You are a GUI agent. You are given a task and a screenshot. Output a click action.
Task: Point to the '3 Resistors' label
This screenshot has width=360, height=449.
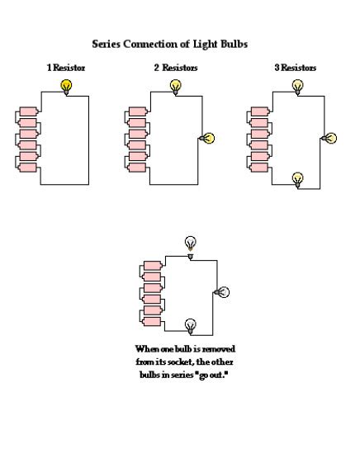pos(295,67)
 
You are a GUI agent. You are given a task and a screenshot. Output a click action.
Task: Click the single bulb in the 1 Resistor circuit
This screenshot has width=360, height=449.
pos(65,84)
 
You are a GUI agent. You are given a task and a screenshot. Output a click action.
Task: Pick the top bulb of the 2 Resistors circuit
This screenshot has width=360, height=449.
pos(176,85)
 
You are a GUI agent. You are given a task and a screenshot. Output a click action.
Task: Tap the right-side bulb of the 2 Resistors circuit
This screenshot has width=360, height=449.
pos(208,139)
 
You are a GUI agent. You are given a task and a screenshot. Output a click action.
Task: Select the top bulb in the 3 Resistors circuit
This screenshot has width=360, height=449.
pos(298,85)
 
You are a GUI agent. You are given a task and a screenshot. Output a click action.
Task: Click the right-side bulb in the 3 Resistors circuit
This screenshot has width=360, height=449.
pos(331,139)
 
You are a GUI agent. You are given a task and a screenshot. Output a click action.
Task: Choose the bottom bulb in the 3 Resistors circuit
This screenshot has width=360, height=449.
pos(298,177)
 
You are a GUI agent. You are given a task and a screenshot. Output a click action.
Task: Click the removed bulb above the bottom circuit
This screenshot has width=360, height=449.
pos(191,242)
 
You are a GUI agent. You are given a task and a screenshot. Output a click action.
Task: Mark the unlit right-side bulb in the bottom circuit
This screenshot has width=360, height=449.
pos(222,291)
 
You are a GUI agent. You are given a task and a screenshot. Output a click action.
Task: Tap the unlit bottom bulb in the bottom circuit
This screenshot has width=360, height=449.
pos(191,324)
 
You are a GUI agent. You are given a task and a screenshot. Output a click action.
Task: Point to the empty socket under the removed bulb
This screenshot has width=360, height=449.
pos(191,257)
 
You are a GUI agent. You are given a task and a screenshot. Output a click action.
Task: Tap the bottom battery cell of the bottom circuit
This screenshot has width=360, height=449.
pos(152,321)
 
